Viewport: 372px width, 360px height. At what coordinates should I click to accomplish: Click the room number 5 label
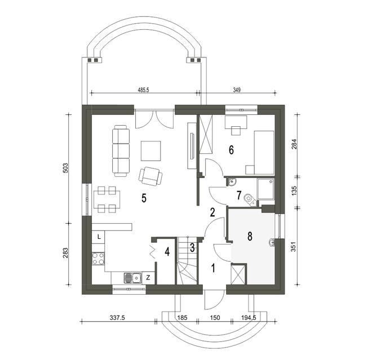(144, 198)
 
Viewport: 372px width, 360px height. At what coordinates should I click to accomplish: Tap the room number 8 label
(250, 236)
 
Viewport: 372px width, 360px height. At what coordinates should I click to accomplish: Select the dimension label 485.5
(143, 90)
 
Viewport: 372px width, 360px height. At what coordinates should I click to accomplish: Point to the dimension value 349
(237, 90)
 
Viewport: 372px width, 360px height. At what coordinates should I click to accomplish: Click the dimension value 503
(66, 168)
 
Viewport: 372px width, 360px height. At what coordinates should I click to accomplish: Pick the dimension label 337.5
(117, 317)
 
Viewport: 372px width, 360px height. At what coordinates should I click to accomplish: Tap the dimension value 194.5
(249, 317)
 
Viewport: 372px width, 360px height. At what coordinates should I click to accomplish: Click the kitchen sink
(132, 278)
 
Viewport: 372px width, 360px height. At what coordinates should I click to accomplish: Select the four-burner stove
(98, 259)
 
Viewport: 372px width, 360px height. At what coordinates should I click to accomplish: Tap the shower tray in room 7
(265, 189)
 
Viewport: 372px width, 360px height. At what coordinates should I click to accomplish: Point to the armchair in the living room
(150, 176)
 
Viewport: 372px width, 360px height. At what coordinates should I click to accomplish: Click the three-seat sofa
(121, 151)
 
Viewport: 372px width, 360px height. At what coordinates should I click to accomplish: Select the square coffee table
(151, 151)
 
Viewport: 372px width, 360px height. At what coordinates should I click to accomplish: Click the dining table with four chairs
(107, 199)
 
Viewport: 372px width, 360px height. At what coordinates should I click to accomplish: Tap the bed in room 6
(264, 153)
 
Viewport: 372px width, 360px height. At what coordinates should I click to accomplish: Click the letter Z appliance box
(148, 278)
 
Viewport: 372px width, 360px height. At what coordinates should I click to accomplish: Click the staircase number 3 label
(192, 247)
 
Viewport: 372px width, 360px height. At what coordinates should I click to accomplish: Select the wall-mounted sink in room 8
(272, 243)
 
